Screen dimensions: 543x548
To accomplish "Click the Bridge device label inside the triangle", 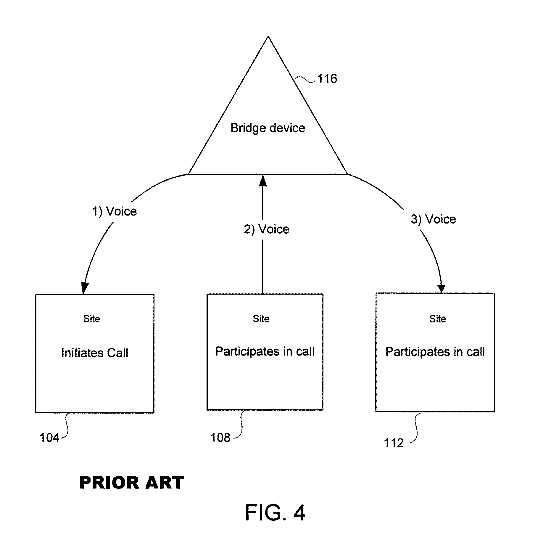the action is [268, 128].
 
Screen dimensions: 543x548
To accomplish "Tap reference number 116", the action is [327, 79].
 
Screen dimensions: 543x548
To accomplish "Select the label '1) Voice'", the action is [114, 211].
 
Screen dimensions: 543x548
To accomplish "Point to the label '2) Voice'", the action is [266, 229].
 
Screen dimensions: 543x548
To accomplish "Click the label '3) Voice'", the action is [433, 219].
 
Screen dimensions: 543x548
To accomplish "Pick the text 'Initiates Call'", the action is [95, 353].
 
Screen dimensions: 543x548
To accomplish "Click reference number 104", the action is [49, 438].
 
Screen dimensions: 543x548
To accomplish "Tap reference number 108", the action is [220, 438].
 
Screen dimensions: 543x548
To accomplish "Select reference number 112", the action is [394, 443].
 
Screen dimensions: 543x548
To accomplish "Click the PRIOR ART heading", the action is [132, 483].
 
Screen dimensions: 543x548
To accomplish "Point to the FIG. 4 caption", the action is [275, 513].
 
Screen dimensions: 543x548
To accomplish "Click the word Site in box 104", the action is [91, 319].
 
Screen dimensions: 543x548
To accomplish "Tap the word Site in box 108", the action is [261, 319].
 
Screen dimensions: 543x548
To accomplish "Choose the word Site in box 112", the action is [438, 319].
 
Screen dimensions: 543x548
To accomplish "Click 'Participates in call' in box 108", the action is [265, 351].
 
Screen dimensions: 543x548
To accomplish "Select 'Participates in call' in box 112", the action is [435, 352].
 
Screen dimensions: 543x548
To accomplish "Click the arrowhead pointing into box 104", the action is [84, 288].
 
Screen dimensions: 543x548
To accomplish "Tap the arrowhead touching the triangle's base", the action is [263, 180].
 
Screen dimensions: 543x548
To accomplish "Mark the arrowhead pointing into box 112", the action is [442, 289].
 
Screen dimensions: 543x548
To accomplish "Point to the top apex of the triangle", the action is [268, 36].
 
